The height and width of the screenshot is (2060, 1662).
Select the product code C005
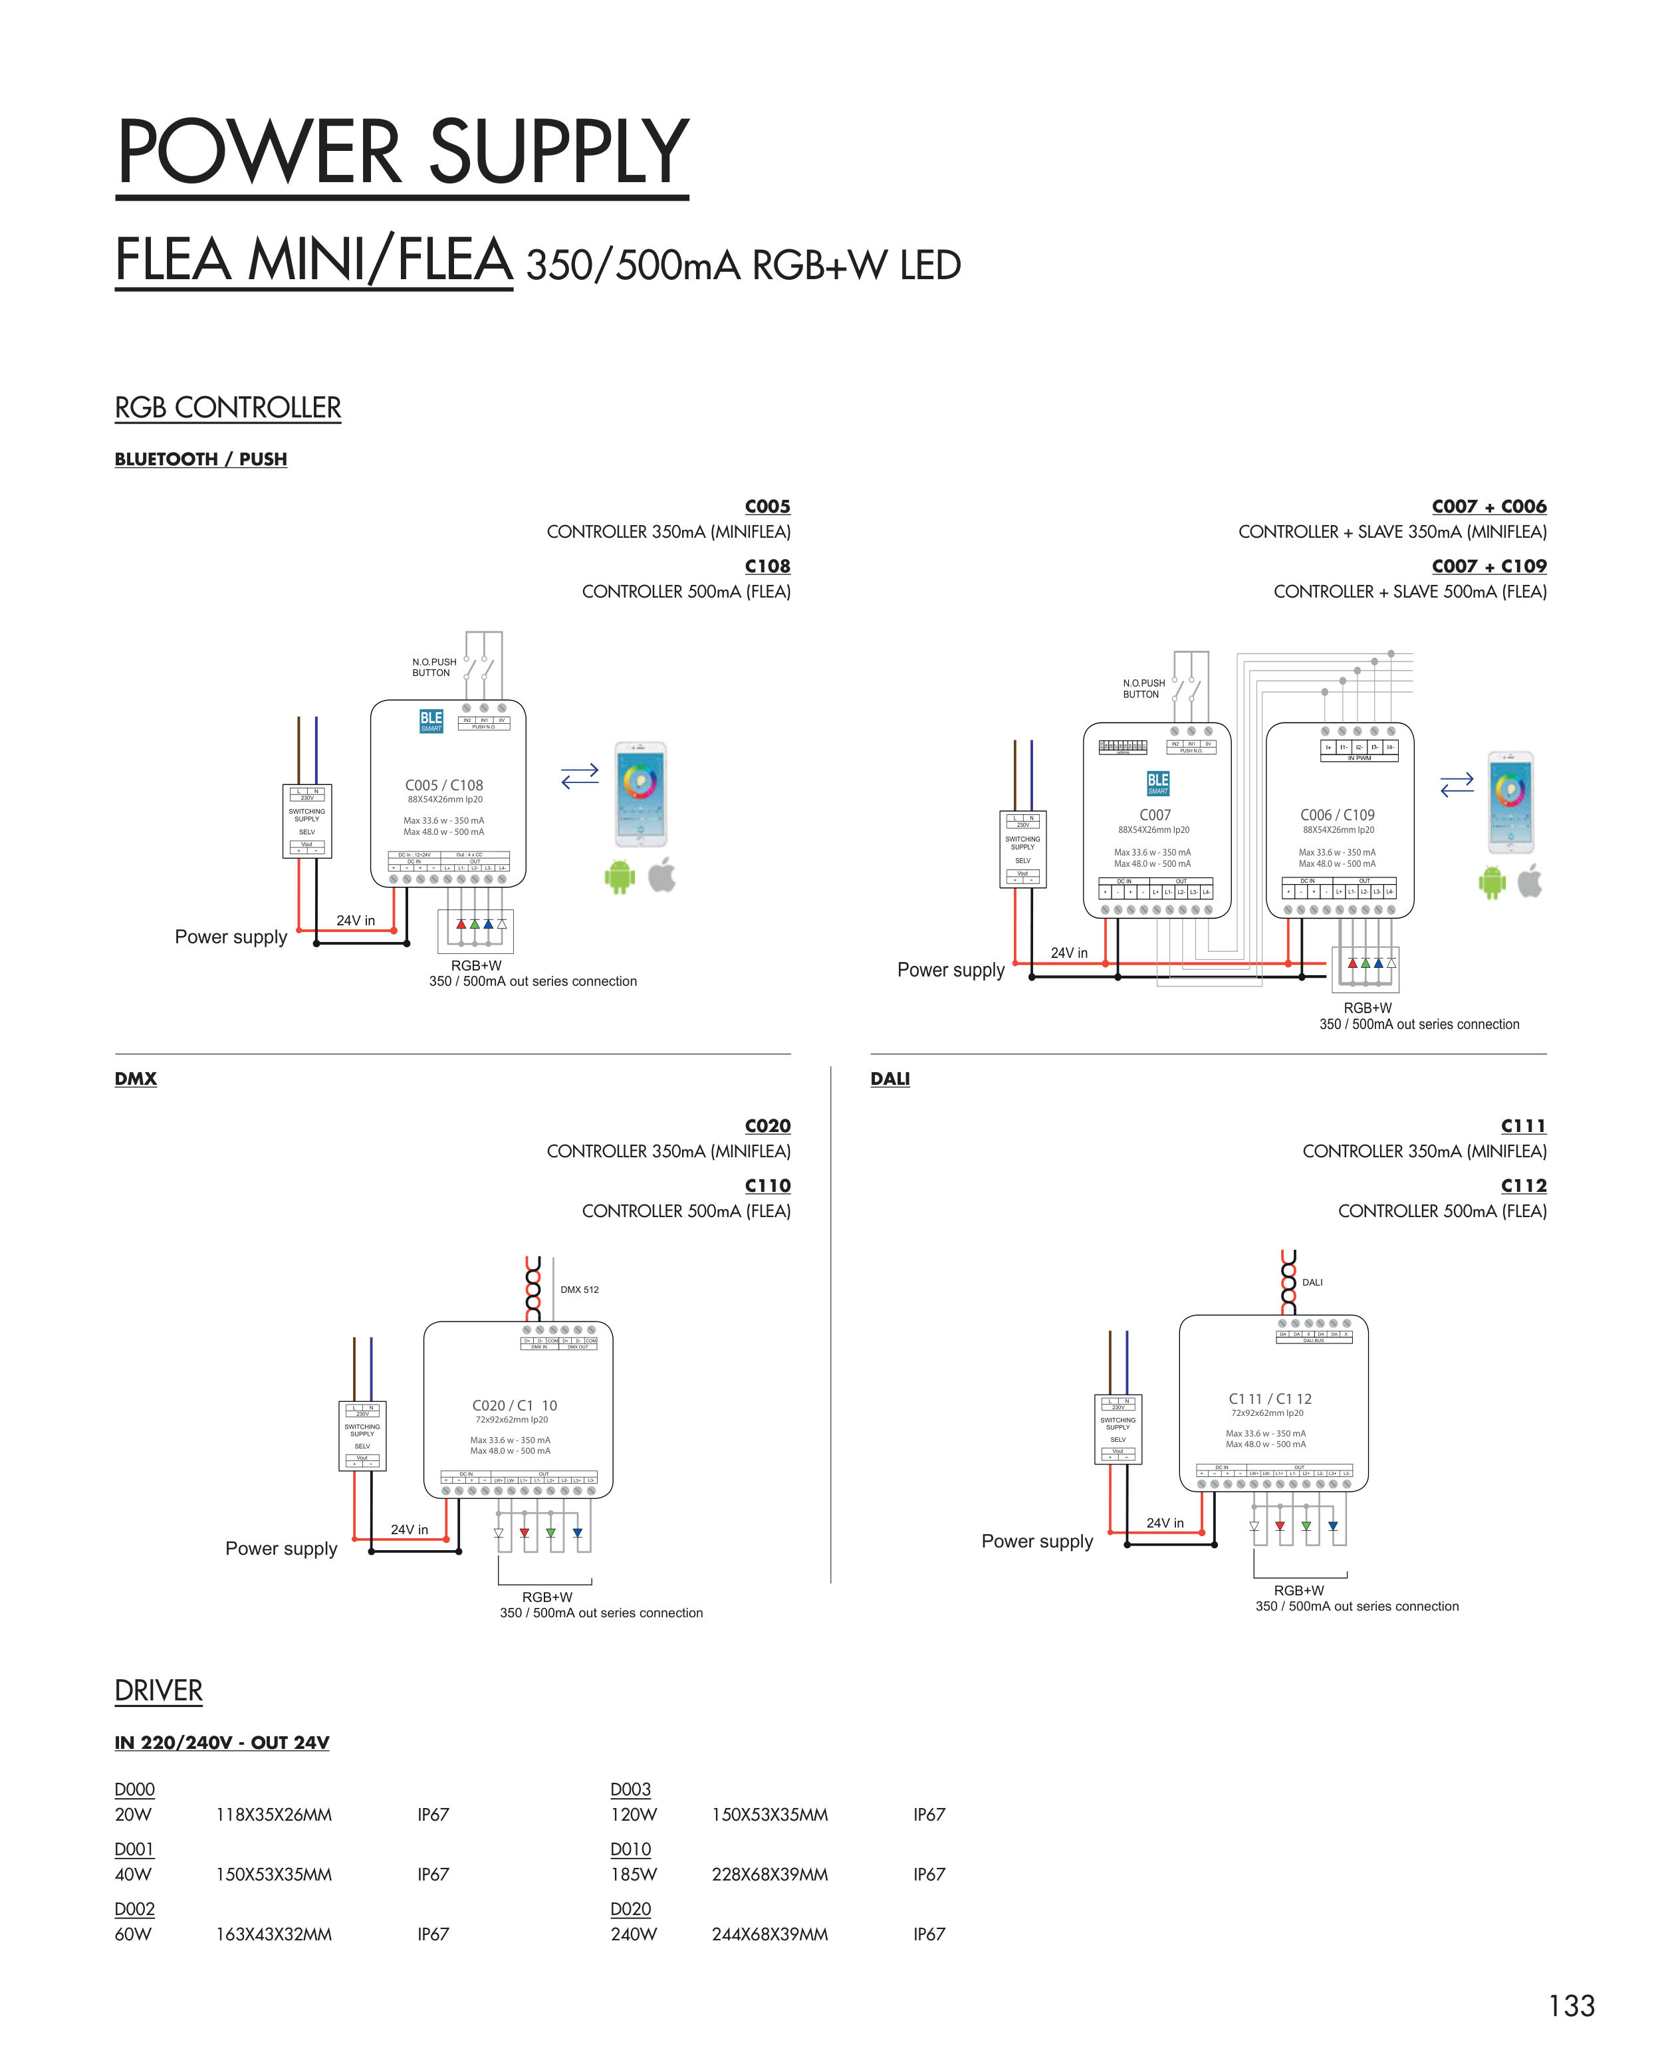pyautogui.click(x=767, y=507)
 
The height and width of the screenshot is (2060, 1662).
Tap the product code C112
pyautogui.click(x=1523, y=1185)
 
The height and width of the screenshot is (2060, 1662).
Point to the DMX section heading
pyautogui.click(x=135, y=1079)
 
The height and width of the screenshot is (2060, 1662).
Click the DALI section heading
pyautogui.click(x=890, y=1079)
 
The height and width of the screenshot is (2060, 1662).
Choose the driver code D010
pyautogui.click(x=630, y=1849)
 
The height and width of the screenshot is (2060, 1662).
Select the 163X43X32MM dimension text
pyautogui.click(x=274, y=1934)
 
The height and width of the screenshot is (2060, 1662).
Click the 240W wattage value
pyautogui.click(x=634, y=1934)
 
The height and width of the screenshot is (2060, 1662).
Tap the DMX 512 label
pyautogui.click(x=579, y=1290)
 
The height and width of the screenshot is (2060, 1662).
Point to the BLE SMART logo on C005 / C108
pyautogui.click(x=431, y=721)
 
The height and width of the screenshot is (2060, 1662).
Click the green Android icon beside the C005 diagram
pyautogui.click(x=620, y=876)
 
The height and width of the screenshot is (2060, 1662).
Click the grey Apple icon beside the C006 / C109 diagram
pyautogui.click(x=1530, y=881)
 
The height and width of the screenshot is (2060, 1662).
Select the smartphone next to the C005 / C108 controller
pyautogui.click(x=640, y=794)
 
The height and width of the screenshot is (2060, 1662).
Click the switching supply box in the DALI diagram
pyautogui.click(x=1118, y=1429)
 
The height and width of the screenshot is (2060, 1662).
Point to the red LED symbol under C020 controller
pyautogui.click(x=524, y=1533)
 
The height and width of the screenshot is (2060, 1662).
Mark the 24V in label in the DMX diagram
pyautogui.click(x=409, y=1530)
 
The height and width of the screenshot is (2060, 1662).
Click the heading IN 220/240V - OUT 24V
pyautogui.click(x=221, y=1742)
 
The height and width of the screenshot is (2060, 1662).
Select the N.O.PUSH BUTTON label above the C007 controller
pyautogui.click(x=1143, y=689)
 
